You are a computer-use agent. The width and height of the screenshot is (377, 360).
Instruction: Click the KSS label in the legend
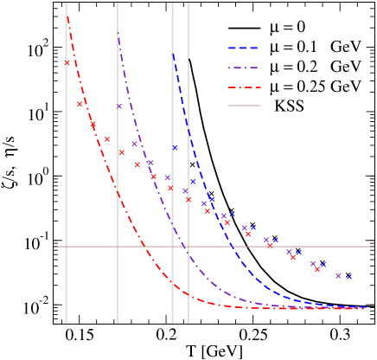(293, 106)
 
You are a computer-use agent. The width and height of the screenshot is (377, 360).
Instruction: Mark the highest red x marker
(67, 62)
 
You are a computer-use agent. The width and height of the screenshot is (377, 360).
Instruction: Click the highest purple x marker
(119, 106)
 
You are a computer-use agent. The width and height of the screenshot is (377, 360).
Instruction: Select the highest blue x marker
(175, 148)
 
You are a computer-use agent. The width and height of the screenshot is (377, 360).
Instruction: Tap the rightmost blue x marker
(350, 277)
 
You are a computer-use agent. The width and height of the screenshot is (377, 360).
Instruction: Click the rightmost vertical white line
(188, 164)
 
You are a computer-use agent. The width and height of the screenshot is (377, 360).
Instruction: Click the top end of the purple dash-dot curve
(118, 33)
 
